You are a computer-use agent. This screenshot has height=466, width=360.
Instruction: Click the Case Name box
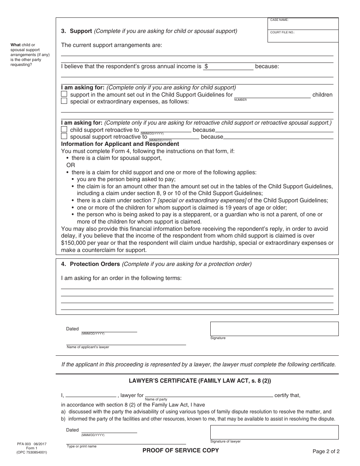coord(303,24)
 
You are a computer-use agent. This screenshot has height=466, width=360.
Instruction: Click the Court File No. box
coord(303,37)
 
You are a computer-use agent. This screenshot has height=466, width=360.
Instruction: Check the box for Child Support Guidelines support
coord(64,94)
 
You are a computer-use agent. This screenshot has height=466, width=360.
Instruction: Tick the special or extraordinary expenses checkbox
coord(64,101)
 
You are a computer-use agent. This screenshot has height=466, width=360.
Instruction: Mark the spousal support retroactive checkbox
coord(64,136)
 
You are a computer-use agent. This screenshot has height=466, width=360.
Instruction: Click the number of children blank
coord(272,95)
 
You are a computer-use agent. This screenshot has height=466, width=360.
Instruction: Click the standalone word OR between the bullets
coord(71,165)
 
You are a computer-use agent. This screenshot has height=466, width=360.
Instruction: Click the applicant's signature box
coord(274,328)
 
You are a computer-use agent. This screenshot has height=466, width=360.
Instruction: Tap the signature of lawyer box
coord(274,432)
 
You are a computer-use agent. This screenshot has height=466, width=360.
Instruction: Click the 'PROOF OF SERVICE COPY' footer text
coord(180,450)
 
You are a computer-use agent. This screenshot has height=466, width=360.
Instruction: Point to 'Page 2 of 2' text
coord(326,451)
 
